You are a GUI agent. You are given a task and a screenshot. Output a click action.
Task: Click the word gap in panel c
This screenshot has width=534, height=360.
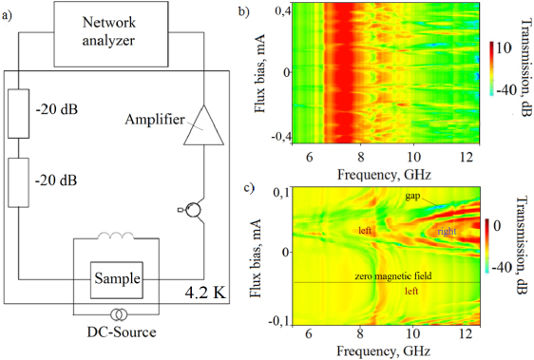point(411,196)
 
